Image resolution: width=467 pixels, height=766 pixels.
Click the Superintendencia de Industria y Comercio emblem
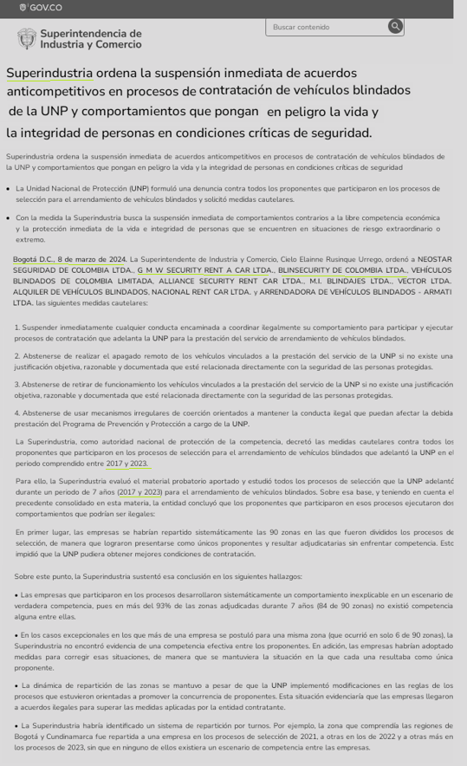click(27, 38)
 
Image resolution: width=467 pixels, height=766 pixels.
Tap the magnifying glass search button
click(395, 26)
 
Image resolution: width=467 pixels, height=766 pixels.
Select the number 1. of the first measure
click(17, 327)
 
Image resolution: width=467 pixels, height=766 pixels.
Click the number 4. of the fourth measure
click(17, 412)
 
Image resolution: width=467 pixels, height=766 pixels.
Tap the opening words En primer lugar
click(40, 531)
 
